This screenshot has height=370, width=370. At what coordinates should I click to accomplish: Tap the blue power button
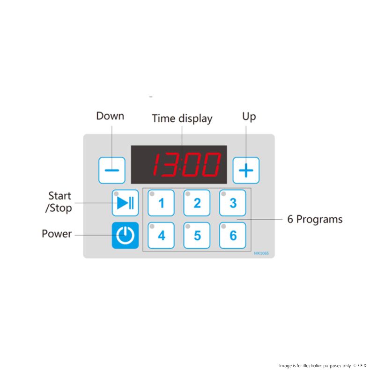(125, 235)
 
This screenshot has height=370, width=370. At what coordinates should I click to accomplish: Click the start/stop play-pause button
(125, 203)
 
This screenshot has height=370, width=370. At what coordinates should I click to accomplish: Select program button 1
(161, 203)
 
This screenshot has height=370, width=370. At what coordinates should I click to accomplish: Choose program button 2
(197, 203)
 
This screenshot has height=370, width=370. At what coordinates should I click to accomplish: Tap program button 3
(233, 203)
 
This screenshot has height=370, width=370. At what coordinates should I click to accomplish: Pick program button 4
(161, 235)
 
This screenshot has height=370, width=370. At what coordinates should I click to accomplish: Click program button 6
(233, 235)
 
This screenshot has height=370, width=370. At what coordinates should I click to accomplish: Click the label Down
(110, 116)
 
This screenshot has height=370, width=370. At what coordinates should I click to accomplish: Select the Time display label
(182, 118)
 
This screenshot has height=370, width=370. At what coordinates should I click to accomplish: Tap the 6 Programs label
(315, 219)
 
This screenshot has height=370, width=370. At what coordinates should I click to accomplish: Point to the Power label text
(57, 234)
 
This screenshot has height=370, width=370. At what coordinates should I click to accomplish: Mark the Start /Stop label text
(59, 202)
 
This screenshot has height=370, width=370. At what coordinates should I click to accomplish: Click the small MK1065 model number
(261, 253)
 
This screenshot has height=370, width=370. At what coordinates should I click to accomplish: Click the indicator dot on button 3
(224, 194)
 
